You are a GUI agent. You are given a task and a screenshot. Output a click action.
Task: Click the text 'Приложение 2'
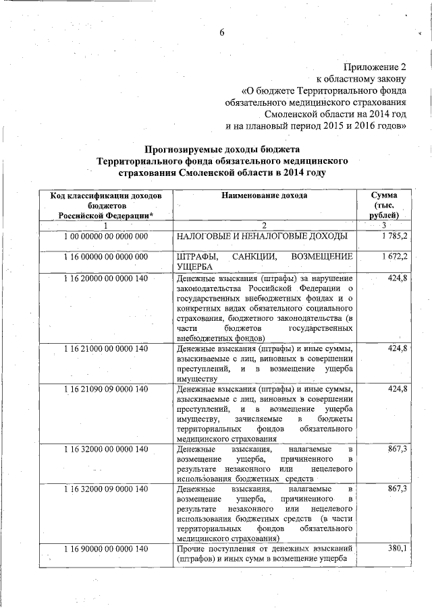375,67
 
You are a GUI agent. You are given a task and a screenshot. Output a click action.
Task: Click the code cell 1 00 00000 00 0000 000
106,237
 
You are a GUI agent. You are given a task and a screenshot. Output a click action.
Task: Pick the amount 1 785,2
394,237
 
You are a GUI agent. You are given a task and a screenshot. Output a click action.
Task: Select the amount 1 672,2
394,257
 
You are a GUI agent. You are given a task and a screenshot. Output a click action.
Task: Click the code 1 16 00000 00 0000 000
106,257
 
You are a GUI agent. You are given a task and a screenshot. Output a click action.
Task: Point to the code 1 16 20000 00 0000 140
106,278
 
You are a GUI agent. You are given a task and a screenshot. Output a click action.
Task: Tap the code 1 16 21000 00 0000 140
106,348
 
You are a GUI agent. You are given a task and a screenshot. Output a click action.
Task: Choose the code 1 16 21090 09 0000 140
106,390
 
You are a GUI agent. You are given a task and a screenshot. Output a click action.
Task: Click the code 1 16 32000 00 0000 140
106,449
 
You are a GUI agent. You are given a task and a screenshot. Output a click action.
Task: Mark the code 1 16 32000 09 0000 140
106,489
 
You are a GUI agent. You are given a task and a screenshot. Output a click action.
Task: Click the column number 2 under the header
265,225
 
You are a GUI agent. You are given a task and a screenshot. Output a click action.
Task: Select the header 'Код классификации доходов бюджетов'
106,200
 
